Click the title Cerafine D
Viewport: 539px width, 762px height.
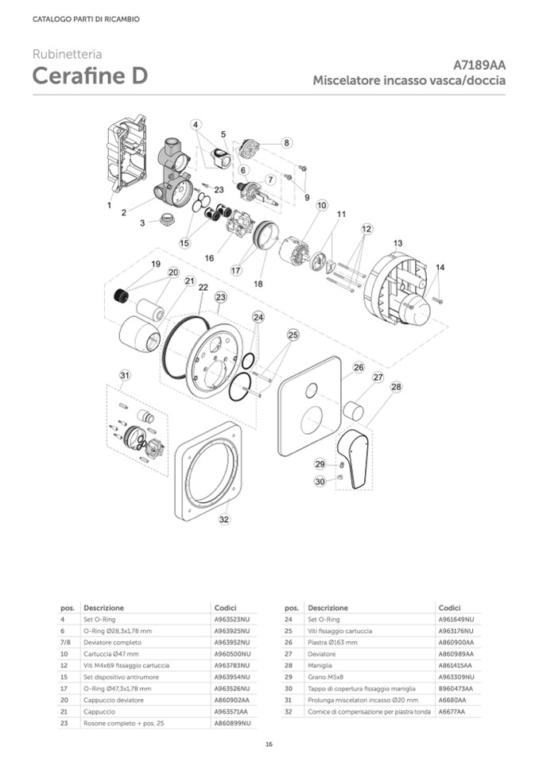pos(88,77)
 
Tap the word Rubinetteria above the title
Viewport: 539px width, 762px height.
pos(67,55)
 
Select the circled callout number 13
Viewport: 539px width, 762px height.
pos(397,242)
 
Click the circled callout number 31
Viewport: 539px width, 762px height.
pos(124,375)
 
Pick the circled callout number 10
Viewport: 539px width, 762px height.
pos(321,205)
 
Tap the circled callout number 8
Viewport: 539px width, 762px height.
pos(286,143)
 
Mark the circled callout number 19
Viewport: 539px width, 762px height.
pos(156,264)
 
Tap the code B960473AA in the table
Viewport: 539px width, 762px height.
pos(456,688)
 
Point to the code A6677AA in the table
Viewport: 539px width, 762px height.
pos(452,711)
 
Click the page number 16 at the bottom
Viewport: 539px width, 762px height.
pos(269,743)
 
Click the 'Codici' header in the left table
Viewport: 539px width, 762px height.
pos(226,607)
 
